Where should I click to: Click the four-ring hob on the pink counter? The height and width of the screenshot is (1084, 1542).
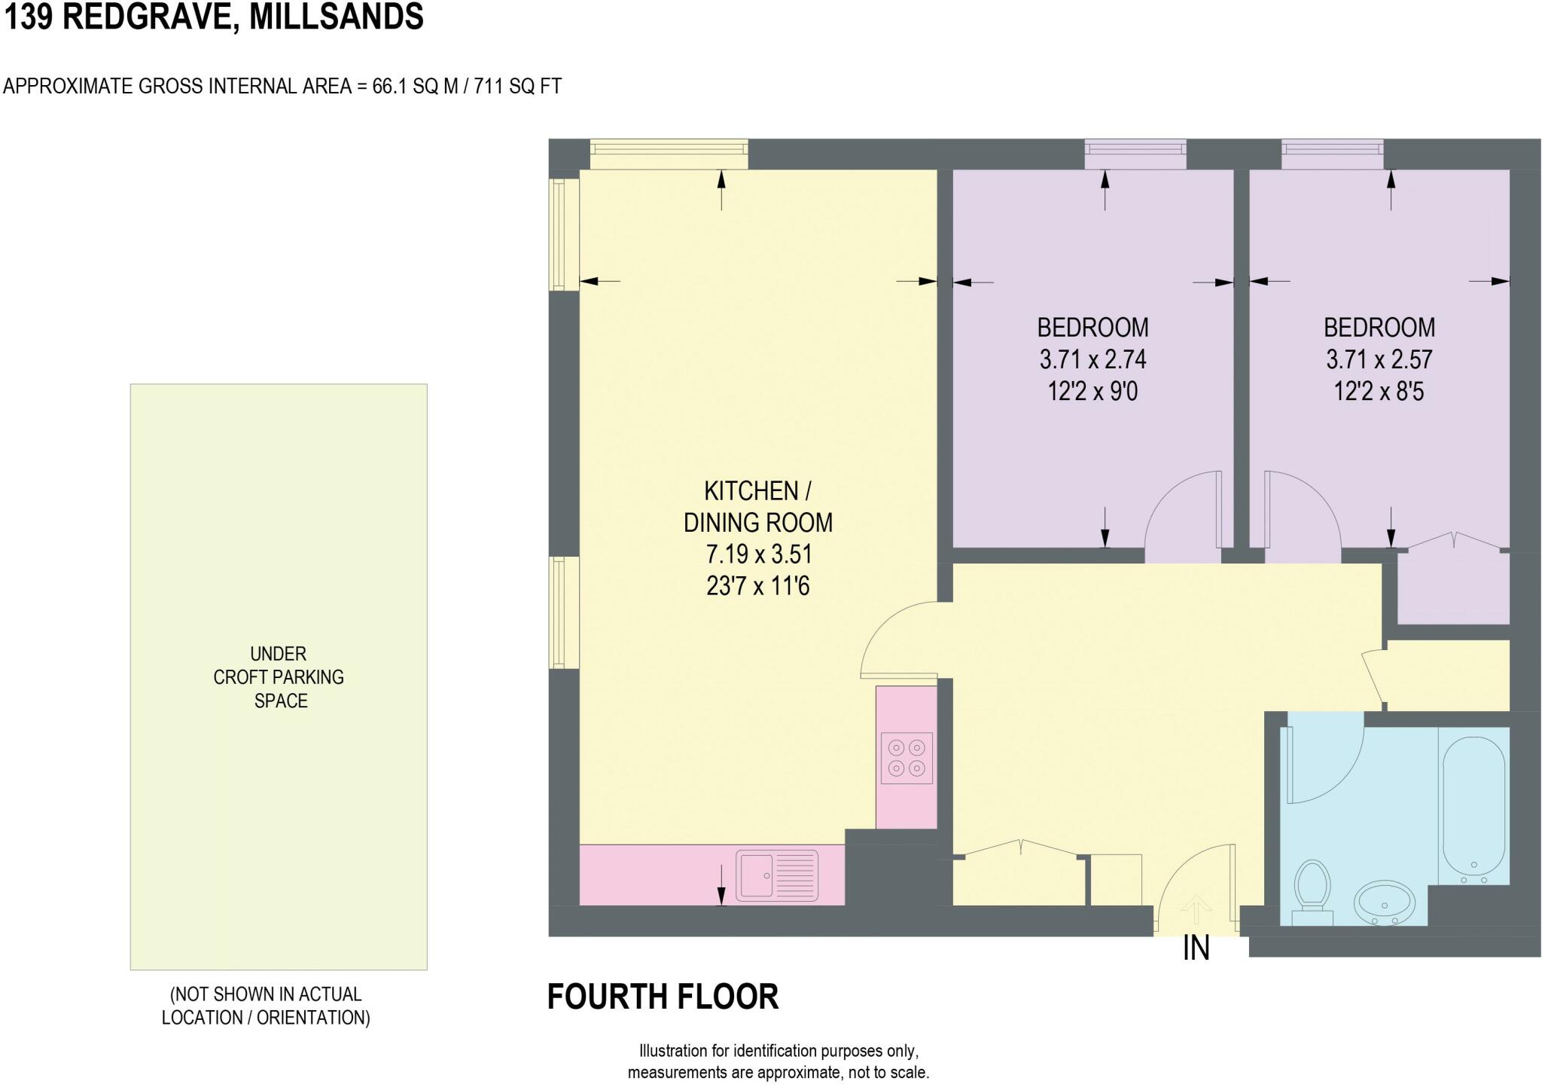coord(907,758)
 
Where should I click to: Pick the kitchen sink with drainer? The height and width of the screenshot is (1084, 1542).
coord(776,875)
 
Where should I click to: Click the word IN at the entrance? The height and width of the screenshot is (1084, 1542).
coord(1196,948)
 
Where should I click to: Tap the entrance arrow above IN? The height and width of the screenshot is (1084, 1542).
coord(1196,907)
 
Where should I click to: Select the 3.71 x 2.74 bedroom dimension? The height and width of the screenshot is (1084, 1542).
coord(1093,359)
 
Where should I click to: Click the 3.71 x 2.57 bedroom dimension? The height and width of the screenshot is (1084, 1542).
coord(1379,359)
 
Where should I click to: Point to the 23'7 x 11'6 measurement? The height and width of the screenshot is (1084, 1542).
coord(757,586)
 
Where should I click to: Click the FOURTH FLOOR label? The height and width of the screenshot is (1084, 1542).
coord(663,997)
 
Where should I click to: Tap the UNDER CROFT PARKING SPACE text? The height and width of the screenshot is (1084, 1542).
coord(279,677)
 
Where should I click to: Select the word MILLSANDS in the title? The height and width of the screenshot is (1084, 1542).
coord(336,17)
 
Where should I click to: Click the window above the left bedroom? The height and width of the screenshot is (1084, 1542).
coord(1135,154)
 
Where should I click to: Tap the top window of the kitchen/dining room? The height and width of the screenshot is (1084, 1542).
coord(669,154)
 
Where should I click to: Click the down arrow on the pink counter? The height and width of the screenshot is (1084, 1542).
coord(721,884)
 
